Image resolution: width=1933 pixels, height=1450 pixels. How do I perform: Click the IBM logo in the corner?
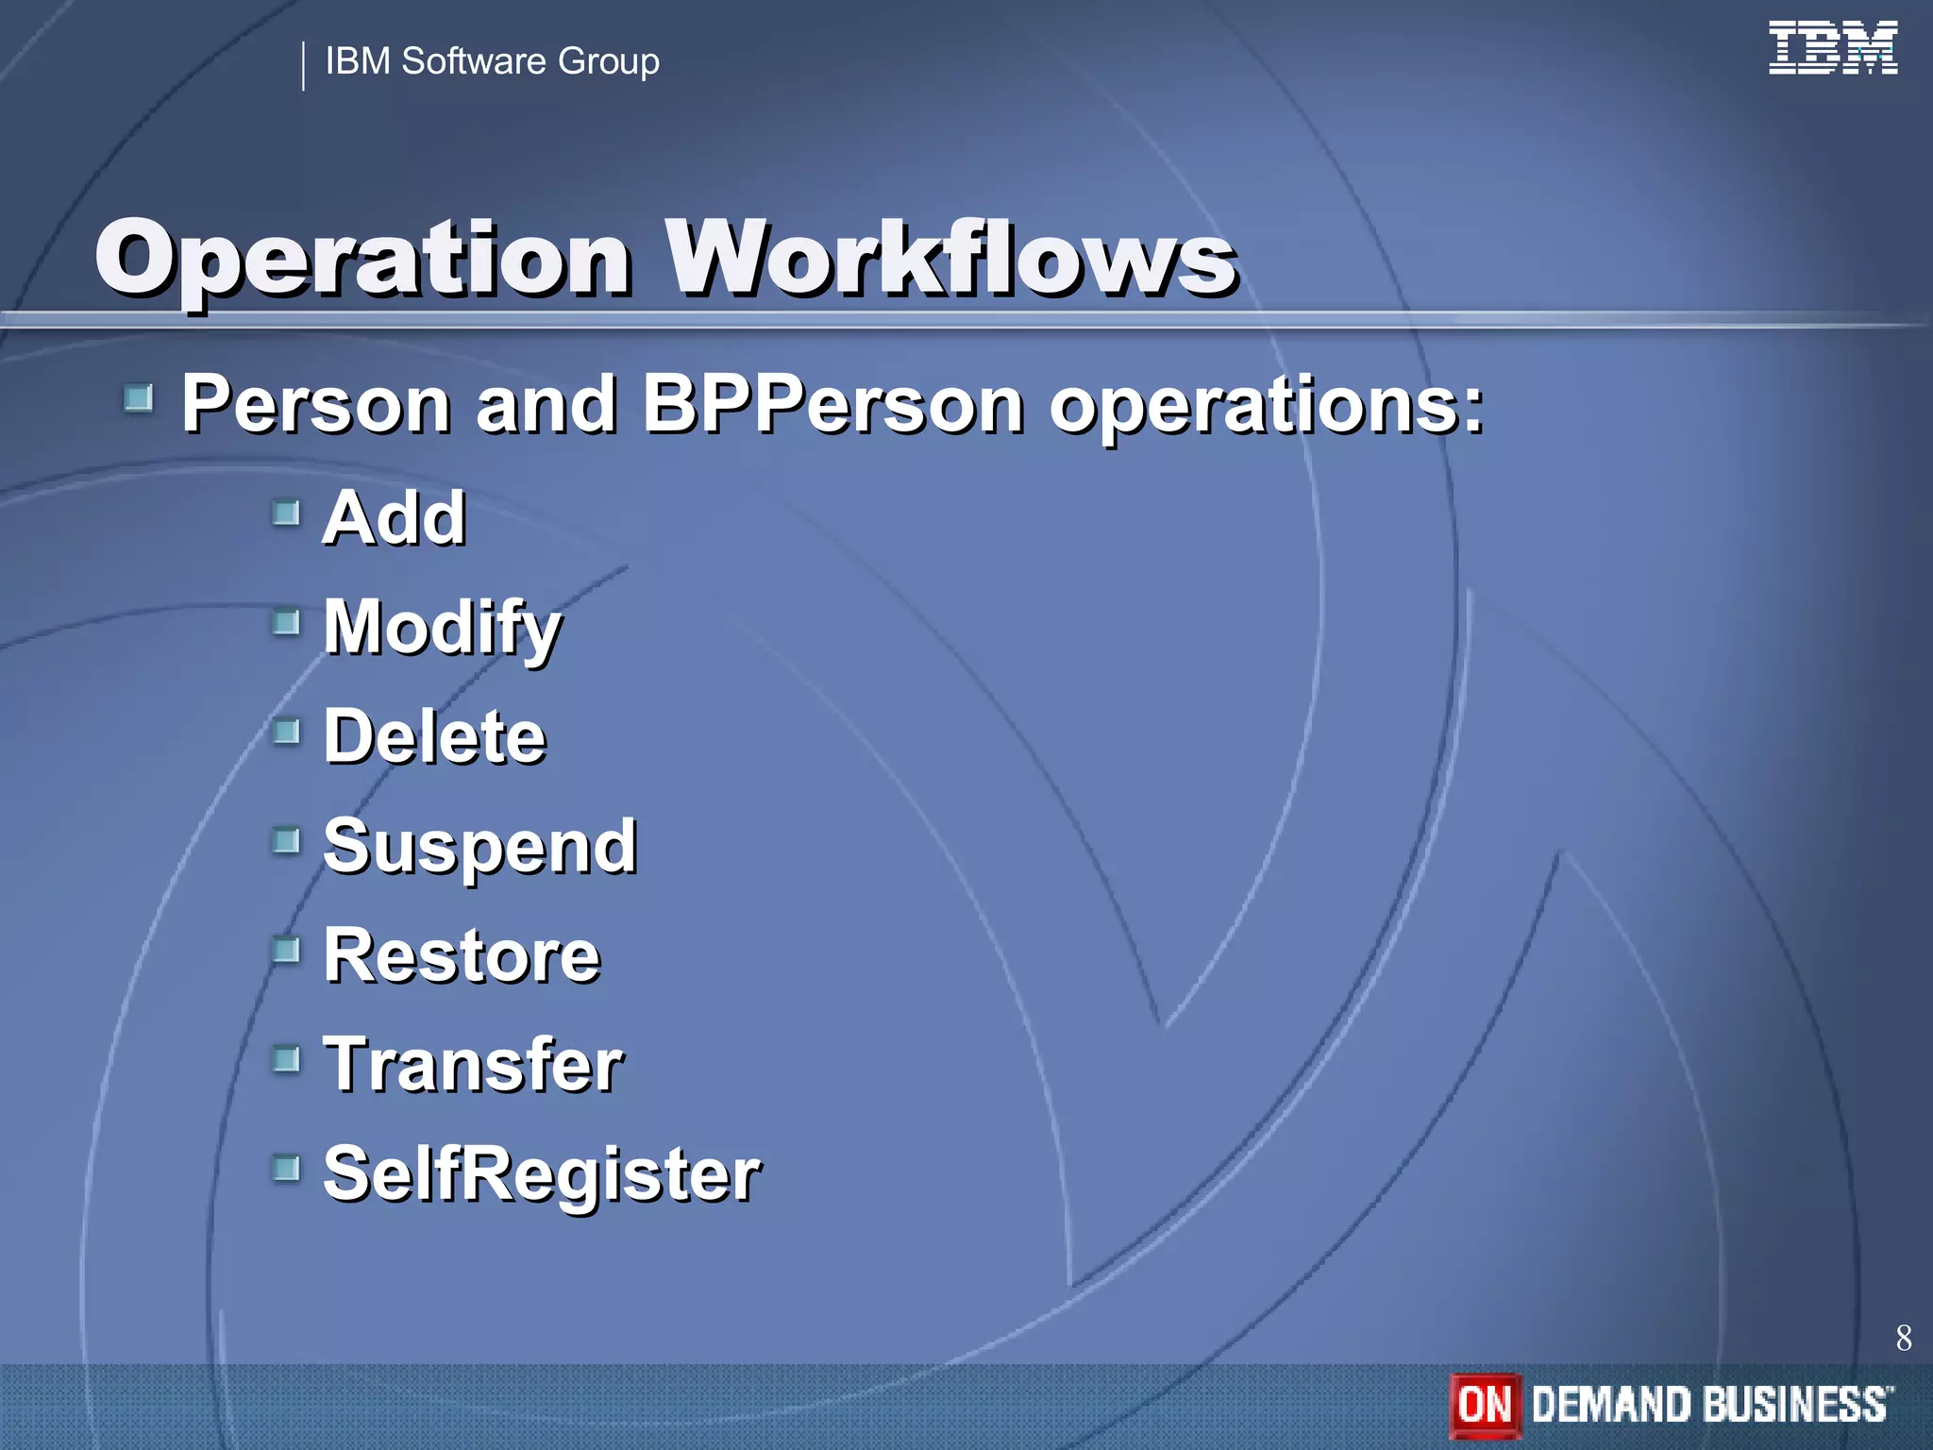click(1832, 48)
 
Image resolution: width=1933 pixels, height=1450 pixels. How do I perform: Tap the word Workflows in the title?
click(951, 257)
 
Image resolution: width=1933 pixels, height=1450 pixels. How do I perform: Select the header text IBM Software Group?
click(492, 62)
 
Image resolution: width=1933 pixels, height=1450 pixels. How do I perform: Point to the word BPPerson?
click(832, 404)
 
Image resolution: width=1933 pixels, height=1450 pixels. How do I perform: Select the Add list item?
click(394, 518)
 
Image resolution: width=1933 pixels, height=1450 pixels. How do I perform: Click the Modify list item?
click(442, 628)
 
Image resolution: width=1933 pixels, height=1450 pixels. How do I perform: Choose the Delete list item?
click(434, 736)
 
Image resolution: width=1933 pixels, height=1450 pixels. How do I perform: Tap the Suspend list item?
click(479, 847)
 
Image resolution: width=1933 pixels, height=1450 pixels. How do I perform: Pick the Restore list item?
click(462, 955)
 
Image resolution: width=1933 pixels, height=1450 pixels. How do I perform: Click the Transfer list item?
click(473, 1065)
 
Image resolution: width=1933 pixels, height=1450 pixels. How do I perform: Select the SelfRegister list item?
click(541, 1174)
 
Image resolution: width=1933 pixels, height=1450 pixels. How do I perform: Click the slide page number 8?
click(1903, 1338)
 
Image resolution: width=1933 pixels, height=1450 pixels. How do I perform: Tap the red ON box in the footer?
click(1485, 1405)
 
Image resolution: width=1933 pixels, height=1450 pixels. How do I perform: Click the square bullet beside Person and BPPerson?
click(139, 398)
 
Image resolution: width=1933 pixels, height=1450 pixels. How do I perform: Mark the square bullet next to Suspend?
click(286, 839)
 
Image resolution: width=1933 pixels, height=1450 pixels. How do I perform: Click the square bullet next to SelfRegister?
click(286, 1168)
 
